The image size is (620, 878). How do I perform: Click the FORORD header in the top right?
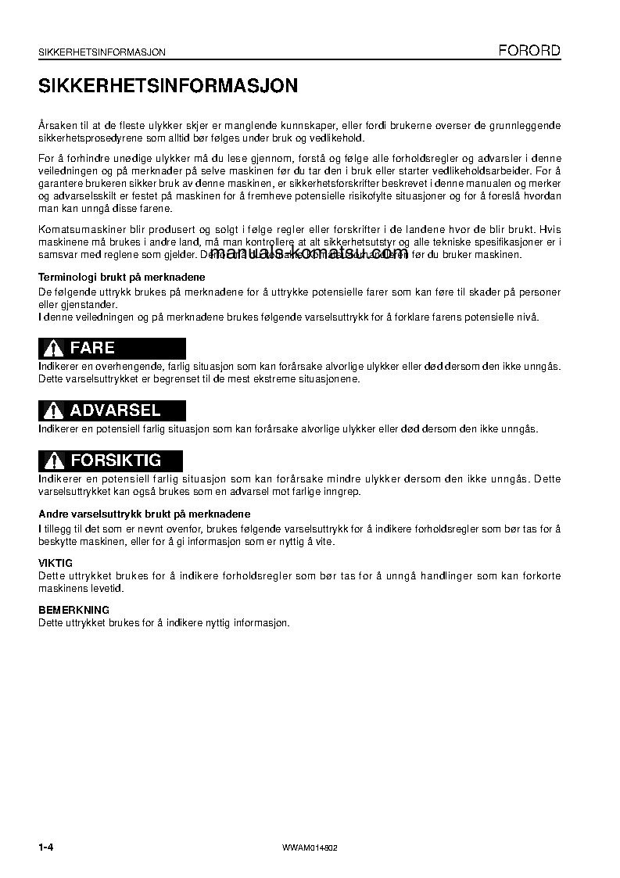pyautogui.click(x=530, y=51)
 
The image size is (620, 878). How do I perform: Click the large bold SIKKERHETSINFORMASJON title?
pyautogui.click(x=168, y=86)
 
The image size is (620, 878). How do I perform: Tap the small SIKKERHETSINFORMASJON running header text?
pyautogui.click(x=102, y=52)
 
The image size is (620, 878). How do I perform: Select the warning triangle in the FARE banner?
pyautogui.click(x=53, y=349)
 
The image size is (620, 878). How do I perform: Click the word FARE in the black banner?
pyautogui.click(x=92, y=348)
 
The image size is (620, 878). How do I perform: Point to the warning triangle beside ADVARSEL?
pyautogui.click(x=53, y=411)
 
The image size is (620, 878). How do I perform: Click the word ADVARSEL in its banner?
pyautogui.click(x=115, y=410)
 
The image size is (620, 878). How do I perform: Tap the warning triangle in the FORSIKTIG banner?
pyautogui.click(x=53, y=461)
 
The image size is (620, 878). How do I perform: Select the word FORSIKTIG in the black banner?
pyautogui.click(x=115, y=460)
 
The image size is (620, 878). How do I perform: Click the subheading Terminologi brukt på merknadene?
pyautogui.click(x=122, y=278)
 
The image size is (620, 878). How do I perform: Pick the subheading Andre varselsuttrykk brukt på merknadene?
pyautogui.click(x=145, y=514)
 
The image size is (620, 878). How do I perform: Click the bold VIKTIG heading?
pyautogui.click(x=56, y=563)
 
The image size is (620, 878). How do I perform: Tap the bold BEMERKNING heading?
pyautogui.click(x=74, y=610)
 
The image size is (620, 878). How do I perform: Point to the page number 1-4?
pyautogui.click(x=49, y=848)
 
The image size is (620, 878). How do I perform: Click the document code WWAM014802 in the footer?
pyautogui.click(x=310, y=848)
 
